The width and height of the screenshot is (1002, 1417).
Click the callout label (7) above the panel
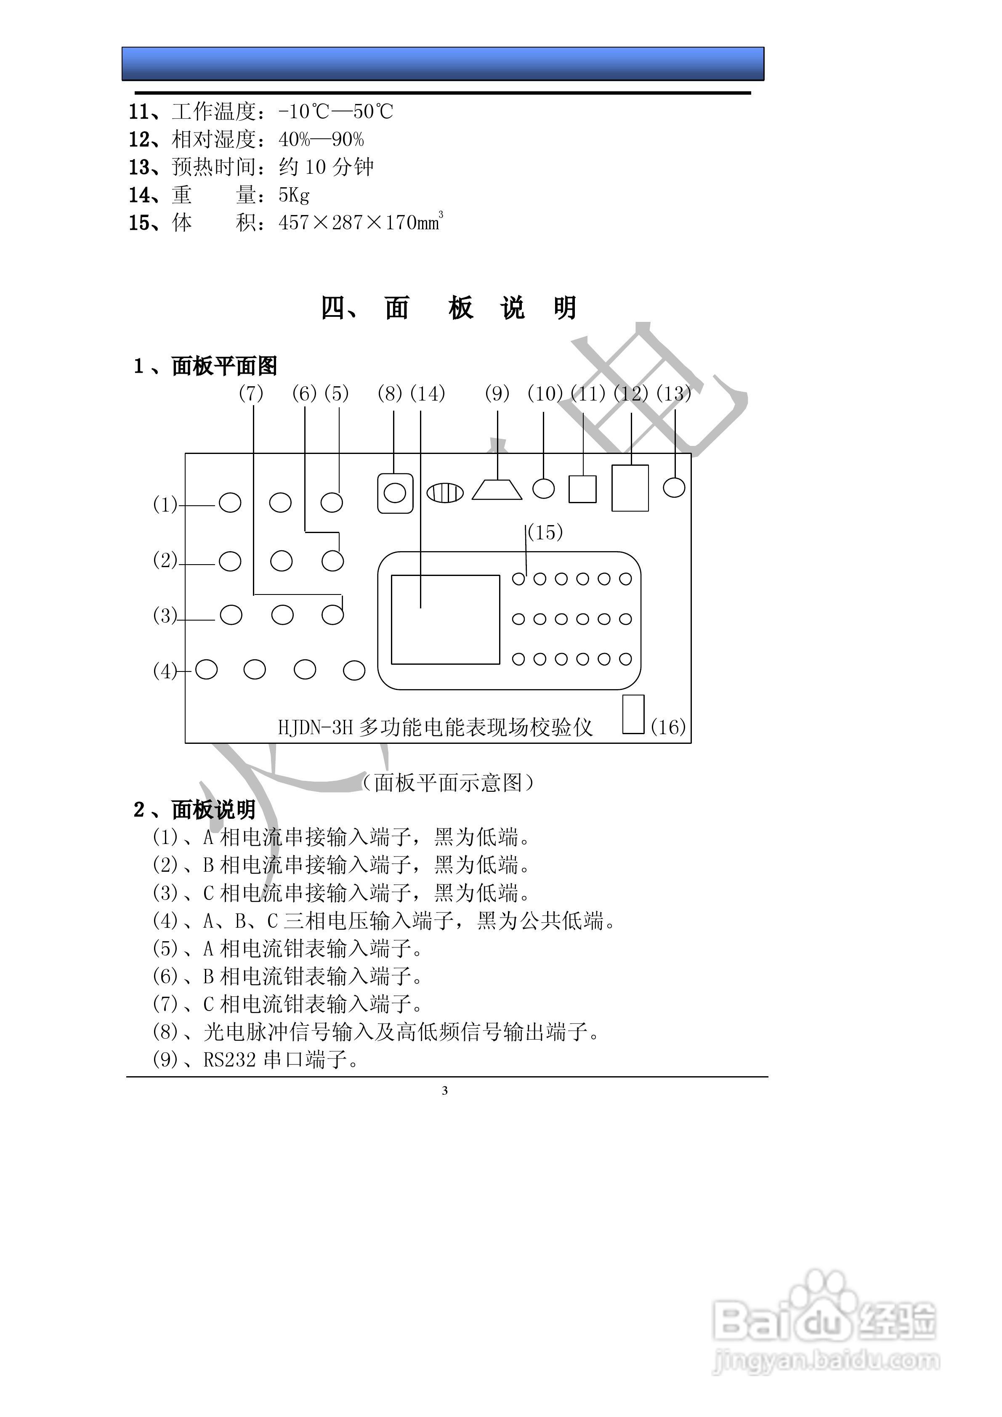251,393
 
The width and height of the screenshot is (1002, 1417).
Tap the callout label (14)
427,393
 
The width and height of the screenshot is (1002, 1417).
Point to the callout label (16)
668,727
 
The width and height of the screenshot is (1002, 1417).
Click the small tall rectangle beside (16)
633,715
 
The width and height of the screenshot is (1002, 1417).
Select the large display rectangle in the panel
445,620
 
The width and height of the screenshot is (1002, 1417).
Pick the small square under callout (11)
582,489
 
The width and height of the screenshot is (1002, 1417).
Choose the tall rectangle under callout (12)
630,488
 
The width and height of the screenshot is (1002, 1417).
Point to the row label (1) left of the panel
165,505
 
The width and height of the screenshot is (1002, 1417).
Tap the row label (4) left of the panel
165,671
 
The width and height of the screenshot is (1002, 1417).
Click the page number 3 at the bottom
444,1091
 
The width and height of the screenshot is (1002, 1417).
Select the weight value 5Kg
294,195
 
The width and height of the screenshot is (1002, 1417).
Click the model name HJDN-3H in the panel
314,727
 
